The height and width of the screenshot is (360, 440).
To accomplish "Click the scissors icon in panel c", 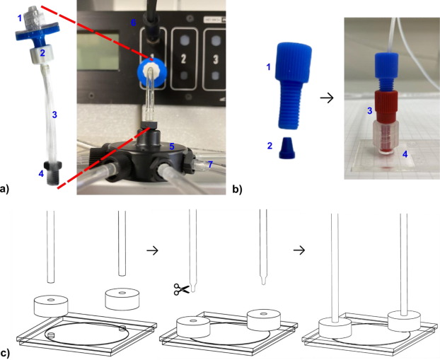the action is click(182, 289).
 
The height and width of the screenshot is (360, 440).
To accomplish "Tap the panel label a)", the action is click(4, 189).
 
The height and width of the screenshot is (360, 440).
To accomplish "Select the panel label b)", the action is click(237, 190).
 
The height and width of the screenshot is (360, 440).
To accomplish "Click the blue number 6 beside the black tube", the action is click(134, 23).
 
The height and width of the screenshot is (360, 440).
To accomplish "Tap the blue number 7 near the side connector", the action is click(211, 164).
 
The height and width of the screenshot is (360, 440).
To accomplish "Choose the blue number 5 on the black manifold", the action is click(171, 146).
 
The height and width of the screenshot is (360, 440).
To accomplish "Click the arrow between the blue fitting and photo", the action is click(327, 98).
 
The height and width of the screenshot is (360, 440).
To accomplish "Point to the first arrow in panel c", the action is click(152, 250).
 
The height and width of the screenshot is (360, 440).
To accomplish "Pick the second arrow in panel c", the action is click(299, 250).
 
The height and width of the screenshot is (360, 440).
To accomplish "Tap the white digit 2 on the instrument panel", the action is click(183, 59).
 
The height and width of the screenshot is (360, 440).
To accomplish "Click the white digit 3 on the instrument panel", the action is click(216, 59).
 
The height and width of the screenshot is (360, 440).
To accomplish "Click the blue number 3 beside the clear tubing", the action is click(54, 115).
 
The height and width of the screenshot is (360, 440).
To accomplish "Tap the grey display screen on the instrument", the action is click(98, 51).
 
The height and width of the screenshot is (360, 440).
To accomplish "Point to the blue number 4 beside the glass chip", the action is click(405, 154).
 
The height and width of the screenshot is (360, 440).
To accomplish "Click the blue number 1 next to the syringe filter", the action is click(19, 18).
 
